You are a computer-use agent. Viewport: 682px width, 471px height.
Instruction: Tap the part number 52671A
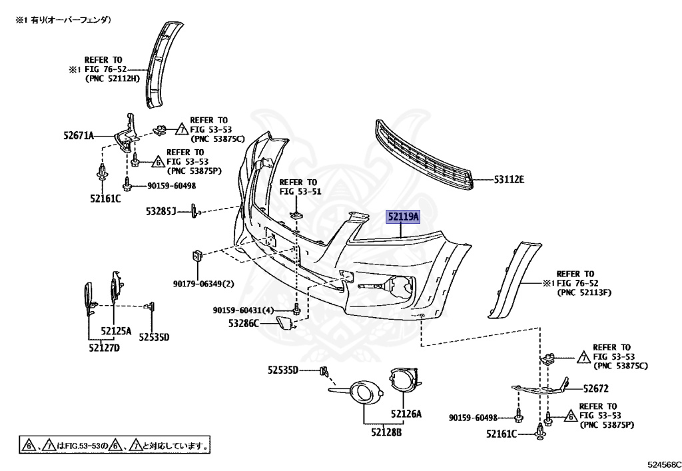(x=79, y=137)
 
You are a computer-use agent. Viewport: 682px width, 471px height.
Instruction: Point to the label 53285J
(x=161, y=212)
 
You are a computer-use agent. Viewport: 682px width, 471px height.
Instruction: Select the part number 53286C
(x=244, y=324)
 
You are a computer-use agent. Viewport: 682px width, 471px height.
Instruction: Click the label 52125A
(x=116, y=331)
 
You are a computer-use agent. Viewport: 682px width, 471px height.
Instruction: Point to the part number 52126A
(x=406, y=414)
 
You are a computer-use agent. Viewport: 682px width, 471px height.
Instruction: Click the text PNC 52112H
(x=113, y=79)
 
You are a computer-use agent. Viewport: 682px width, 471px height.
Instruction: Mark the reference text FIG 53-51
(x=300, y=192)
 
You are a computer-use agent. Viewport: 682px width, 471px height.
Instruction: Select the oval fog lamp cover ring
(x=362, y=392)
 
